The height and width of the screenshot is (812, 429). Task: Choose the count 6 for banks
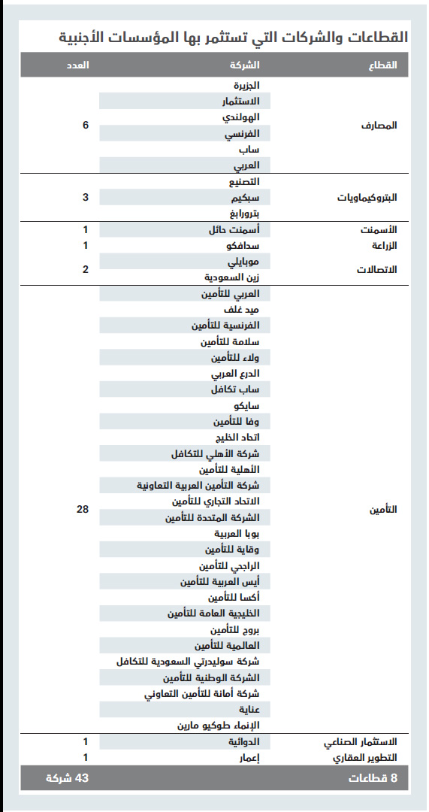tap(86, 125)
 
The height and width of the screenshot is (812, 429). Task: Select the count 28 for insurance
tap(83, 510)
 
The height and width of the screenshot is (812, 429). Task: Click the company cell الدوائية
tap(244, 742)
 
